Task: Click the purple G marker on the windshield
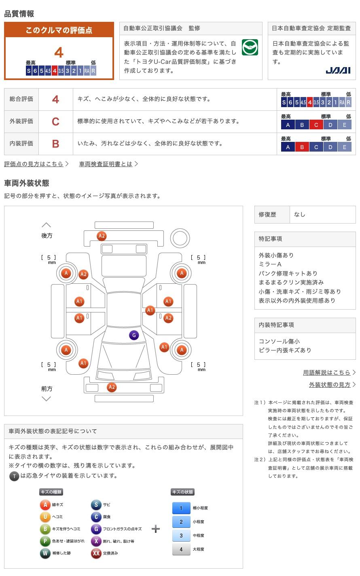[134, 335]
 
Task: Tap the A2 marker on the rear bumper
[102, 236]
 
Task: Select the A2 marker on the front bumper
[112, 387]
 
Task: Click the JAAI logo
[338, 70]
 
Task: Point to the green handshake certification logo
[250, 47]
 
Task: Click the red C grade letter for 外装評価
[55, 122]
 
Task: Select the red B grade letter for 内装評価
[55, 144]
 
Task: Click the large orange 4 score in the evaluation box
[59, 53]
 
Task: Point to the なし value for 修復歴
[300, 215]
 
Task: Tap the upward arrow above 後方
[47, 225]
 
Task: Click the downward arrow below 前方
[47, 399]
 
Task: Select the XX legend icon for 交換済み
[96, 553]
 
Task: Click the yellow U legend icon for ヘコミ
[45, 517]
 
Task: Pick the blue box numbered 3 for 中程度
[181, 535]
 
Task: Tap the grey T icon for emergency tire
[14, 476]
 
